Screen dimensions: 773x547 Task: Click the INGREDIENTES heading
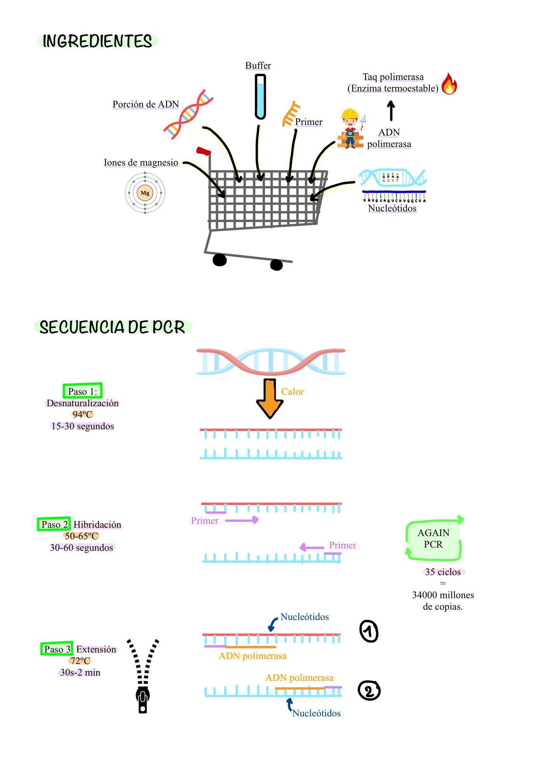point(97,41)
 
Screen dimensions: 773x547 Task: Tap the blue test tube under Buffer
point(260,97)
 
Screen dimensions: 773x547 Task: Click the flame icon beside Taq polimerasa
point(449,84)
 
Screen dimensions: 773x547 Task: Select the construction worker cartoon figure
point(350,129)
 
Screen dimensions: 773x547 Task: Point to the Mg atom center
point(145,193)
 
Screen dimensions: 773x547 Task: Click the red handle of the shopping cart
point(203,151)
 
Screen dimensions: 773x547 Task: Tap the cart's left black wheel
point(219,260)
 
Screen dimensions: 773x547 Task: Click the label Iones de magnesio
point(141,162)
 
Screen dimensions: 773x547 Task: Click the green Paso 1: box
point(82,391)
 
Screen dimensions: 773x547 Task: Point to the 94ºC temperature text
point(82,414)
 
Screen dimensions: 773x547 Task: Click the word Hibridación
point(97,524)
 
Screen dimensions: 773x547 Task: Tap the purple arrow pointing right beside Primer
point(242,520)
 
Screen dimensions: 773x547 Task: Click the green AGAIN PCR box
point(433,539)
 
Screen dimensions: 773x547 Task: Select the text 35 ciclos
point(443,572)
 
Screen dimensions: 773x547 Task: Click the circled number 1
point(369,632)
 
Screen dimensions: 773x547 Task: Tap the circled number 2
point(369,690)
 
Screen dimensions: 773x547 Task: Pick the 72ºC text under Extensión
point(80,661)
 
